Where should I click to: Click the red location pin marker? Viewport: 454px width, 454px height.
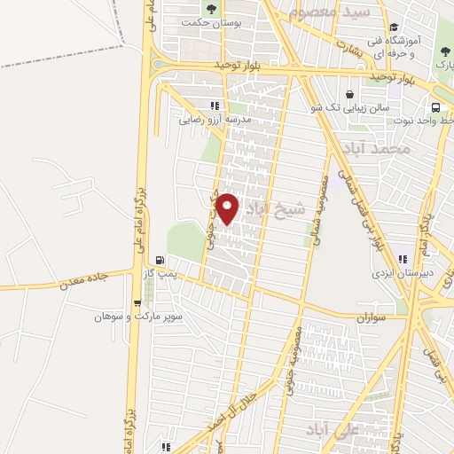(228, 209)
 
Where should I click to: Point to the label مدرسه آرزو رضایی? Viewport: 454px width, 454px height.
(216, 117)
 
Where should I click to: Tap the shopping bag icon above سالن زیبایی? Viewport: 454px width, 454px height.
(349, 94)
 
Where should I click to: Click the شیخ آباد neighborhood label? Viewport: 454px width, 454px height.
(274, 208)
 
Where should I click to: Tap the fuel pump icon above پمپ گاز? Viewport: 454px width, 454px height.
(160, 261)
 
